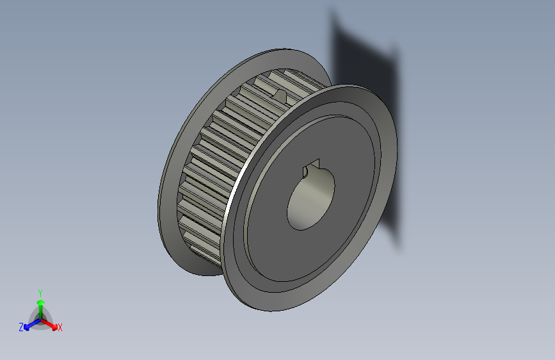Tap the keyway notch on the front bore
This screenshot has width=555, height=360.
point(312,167)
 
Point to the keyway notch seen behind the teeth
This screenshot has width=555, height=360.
point(280,95)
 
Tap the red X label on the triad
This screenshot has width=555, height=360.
point(60,327)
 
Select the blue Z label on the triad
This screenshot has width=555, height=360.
point(21,327)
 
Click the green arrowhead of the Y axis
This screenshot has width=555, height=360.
point(40,301)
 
